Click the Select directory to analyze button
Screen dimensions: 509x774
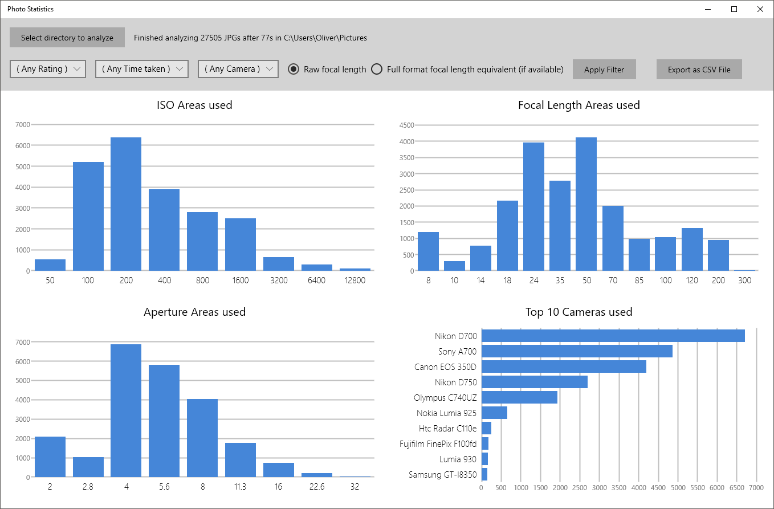coord(67,38)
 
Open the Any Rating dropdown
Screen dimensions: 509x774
coord(48,69)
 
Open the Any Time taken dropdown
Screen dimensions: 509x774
coord(141,69)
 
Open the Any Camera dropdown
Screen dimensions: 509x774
coord(238,69)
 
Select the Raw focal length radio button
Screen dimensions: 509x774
coord(294,69)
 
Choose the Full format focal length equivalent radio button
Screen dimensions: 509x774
coord(377,69)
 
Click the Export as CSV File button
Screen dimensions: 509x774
coord(699,70)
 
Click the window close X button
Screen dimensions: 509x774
coord(760,9)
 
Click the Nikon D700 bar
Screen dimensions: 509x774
coord(613,336)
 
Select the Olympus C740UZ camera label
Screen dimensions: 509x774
coord(445,397)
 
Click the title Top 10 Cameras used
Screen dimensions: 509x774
coord(579,312)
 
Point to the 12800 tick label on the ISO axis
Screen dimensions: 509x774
coord(355,281)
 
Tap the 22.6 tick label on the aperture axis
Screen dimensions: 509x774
coord(316,487)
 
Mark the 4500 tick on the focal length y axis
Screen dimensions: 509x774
coord(407,125)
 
